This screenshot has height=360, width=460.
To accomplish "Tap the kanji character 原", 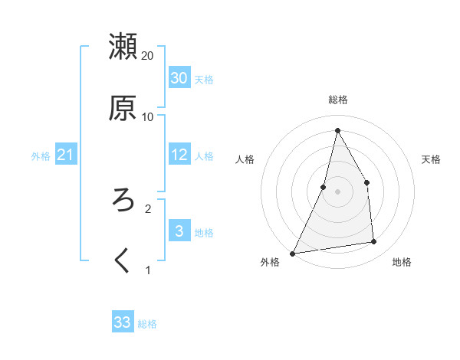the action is [x=123, y=108].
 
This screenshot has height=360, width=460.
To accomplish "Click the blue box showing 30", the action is [x=179, y=78].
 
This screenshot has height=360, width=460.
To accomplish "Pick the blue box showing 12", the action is [x=179, y=155].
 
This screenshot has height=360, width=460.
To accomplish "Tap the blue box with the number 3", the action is [x=179, y=231].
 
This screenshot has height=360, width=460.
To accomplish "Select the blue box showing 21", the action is [x=65, y=155].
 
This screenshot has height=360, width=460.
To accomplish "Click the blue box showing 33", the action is [x=123, y=322].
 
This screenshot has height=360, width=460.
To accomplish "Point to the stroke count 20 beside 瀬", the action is [x=148, y=56].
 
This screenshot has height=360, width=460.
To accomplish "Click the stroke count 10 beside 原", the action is [x=148, y=117].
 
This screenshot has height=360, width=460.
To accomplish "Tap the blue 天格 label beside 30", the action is [x=204, y=80].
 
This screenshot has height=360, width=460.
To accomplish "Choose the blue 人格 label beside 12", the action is [x=204, y=156].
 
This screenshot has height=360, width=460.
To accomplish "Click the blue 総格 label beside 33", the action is [x=147, y=324].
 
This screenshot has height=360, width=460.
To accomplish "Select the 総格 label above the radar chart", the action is [x=338, y=100].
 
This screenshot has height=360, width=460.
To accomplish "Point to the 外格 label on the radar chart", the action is [x=270, y=262].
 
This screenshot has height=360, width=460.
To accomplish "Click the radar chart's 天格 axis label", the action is [x=432, y=159].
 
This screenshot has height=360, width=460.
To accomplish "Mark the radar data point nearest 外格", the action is [x=292, y=253].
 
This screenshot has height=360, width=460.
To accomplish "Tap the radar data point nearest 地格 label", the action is [x=374, y=242].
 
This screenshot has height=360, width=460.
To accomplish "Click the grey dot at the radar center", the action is [x=337, y=191].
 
